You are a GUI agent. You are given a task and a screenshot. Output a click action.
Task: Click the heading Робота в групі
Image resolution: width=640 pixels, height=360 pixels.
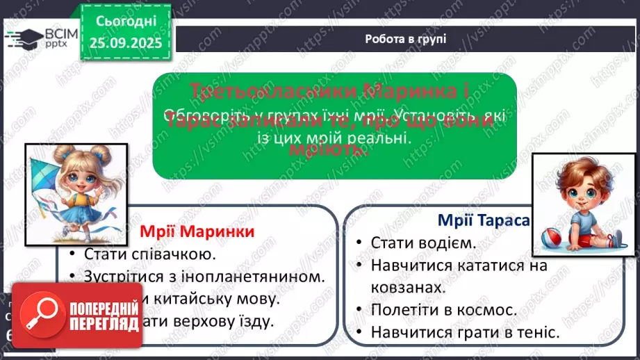tap(405, 39)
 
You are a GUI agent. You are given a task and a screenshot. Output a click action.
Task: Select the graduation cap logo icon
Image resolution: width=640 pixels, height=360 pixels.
tap(23, 39)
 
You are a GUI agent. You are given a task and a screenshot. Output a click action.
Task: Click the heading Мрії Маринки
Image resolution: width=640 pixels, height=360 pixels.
tap(197, 231)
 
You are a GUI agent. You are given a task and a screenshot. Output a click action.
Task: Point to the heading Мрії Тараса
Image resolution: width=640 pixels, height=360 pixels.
tap(484, 220)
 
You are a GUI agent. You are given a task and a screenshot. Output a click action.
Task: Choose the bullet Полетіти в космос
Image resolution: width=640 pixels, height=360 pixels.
tap(443, 310)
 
